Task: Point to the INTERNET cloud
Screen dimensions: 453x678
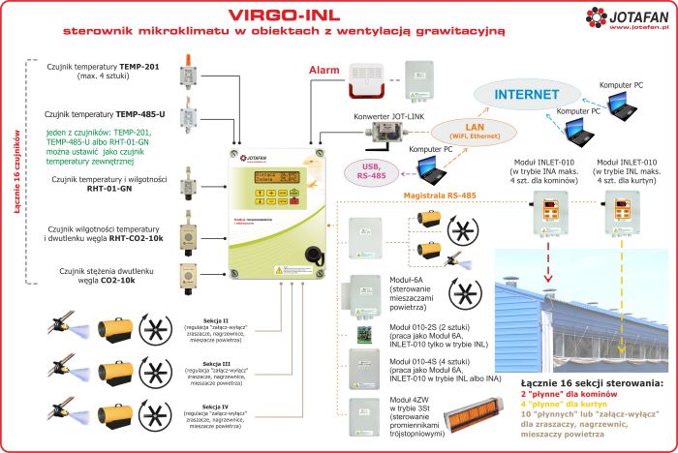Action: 529,95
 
